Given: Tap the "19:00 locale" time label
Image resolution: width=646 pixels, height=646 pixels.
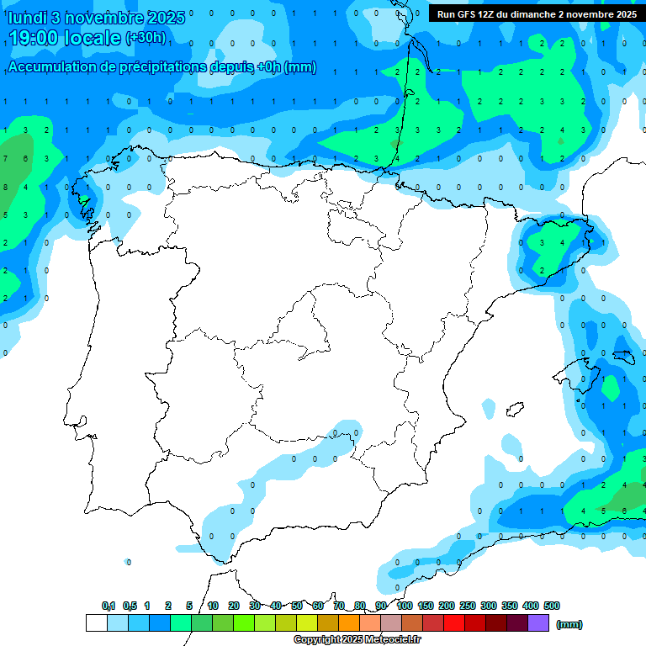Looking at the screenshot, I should click(64, 38).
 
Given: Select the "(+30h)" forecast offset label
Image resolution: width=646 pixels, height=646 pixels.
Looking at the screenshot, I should click(146, 38).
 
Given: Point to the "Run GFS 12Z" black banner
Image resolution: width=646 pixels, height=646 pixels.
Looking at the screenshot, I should click(537, 13).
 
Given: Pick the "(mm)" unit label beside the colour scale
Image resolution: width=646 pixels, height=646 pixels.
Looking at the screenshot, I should click(569, 624).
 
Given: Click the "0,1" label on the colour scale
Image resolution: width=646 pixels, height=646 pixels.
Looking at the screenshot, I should click(109, 606).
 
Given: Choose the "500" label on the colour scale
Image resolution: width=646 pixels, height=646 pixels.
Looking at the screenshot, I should click(552, 606).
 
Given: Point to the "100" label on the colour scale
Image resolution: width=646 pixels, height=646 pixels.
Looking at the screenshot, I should click(405, 606).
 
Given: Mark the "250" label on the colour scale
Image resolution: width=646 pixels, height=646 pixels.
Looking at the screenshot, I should click(468, 606).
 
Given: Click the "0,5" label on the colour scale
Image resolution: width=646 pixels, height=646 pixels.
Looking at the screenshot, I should click(130, 606).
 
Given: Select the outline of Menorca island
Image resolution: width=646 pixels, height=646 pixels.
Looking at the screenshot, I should click(622, 356).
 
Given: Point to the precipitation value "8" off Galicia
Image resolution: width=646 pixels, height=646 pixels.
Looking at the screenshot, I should click(5, 187).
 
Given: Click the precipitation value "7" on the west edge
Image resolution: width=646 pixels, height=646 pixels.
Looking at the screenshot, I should click(5, 158).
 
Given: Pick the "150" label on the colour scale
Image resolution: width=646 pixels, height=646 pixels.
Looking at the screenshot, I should click(426, 606).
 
